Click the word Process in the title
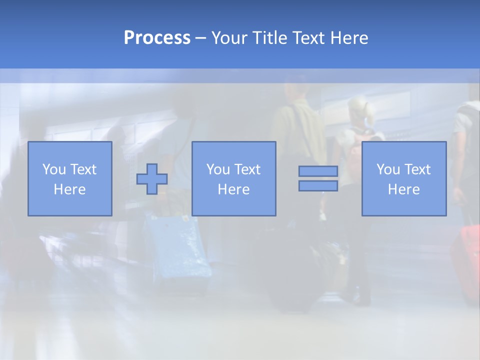pos(157,38)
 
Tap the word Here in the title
pos(349,38)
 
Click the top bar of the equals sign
pos(318,171)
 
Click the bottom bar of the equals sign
pos(318,186)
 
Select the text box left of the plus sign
pos(70,178)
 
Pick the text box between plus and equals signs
pos(233,178)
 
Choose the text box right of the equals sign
pos(404,178)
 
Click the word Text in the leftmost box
pos(83,169)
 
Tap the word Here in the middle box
pos(233,189)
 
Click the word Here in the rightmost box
pos(404,189)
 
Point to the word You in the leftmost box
pos(53,169)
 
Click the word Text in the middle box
pos(247,169)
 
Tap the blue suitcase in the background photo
pos(177,247)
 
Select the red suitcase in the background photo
pos(466,260)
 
